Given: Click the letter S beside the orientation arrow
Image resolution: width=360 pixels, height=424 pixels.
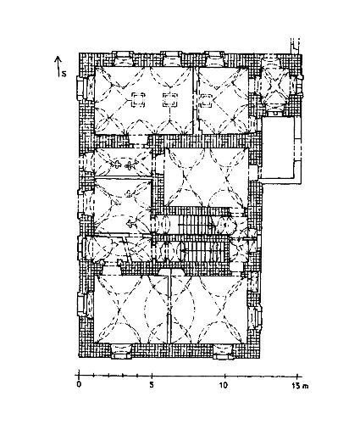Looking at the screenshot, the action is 64,74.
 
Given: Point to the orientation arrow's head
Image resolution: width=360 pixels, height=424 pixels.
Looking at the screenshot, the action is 58,59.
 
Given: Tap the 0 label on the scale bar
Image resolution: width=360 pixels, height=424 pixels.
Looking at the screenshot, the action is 79,385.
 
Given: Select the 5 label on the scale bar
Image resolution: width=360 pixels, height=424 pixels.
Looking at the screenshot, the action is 152,385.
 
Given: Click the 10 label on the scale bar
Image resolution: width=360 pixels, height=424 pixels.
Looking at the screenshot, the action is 224,385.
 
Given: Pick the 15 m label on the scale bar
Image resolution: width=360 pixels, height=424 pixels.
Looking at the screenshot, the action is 300,385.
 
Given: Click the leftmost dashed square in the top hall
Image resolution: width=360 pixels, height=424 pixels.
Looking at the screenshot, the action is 138,100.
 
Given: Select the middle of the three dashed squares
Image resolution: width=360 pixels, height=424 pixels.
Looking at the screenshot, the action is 169,100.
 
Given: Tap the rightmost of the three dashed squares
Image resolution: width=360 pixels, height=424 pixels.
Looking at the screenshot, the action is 206,101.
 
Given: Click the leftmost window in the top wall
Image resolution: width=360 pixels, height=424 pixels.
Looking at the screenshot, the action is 122,59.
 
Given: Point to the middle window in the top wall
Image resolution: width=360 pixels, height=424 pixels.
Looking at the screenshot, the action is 170,59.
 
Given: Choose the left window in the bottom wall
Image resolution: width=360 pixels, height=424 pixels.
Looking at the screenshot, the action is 121,351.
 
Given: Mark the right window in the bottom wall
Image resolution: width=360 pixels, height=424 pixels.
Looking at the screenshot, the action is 224,351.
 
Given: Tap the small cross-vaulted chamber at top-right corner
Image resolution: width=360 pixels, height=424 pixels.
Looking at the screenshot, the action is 274,84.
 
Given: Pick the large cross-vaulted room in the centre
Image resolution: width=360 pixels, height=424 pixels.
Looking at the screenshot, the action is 206,177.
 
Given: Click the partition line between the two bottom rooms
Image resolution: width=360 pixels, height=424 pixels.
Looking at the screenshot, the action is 170,307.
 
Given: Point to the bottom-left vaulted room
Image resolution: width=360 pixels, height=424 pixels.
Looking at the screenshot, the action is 131,309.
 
